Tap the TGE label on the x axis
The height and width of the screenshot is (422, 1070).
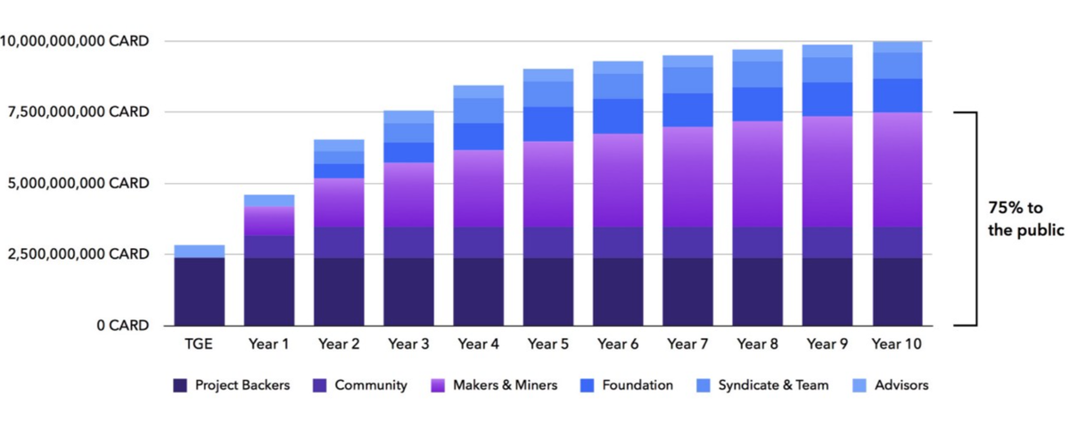[199, 343]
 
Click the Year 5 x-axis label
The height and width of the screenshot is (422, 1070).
[548, 343]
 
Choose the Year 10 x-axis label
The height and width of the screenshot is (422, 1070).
[897, 343]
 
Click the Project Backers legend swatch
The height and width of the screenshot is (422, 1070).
[180, 385]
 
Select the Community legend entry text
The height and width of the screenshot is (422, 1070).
[371, 385]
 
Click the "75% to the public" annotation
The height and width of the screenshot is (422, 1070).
[1025, 219]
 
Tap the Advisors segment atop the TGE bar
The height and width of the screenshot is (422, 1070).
[199, 251]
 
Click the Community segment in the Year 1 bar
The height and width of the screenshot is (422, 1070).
[269, 246]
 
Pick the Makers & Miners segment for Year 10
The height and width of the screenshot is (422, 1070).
[897, 170]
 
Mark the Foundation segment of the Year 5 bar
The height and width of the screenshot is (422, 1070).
[548, 124]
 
